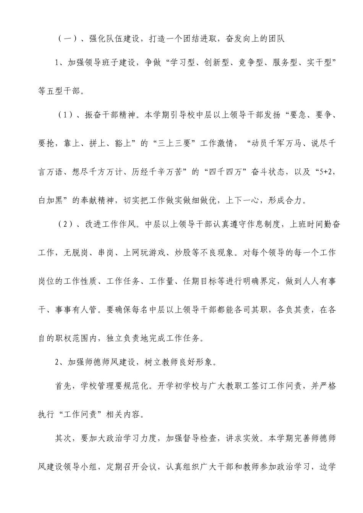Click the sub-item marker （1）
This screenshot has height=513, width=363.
[x=65, y=115]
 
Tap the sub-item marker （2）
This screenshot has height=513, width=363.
[x=65, y=224]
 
